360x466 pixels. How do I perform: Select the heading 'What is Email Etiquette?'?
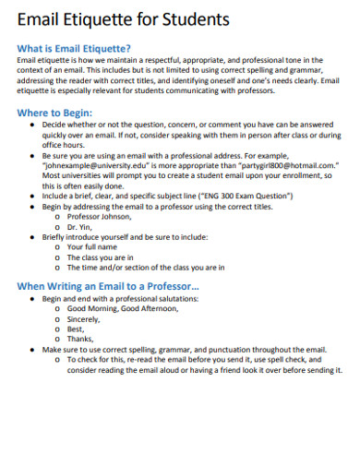click(75, 48)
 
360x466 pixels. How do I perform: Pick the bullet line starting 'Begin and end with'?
click(121, 298)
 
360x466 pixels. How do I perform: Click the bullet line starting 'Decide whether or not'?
click(185, 123)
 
